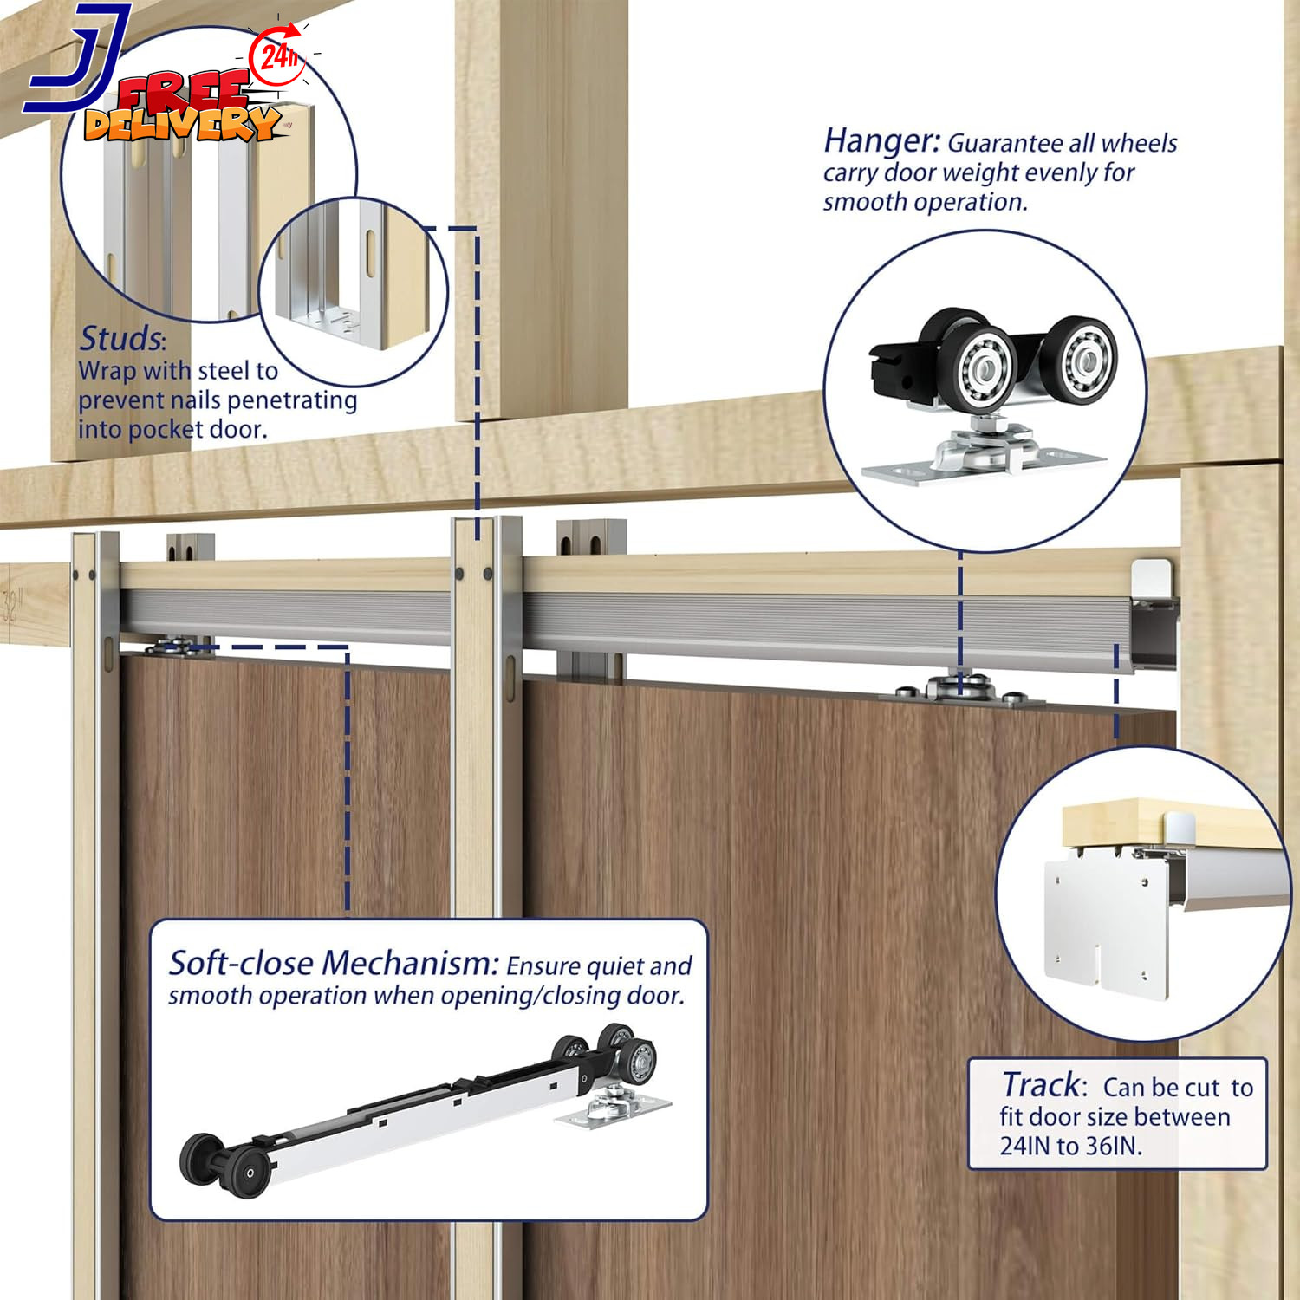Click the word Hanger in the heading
point(879,140)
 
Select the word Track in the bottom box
point(1040,1085)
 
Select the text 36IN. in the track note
point(1114,1146)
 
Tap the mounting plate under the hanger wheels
point(979,468)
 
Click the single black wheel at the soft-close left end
point(198,1157)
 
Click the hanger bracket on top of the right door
point(960,691)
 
